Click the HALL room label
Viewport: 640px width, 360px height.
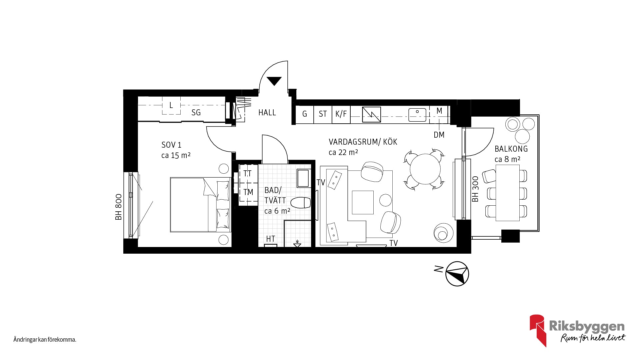(267, 113)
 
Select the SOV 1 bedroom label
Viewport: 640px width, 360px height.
(171, 145)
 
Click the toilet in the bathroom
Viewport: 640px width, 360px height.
(301, 202)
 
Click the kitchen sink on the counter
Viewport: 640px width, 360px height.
(417, 115)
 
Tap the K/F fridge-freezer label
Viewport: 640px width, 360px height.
(341, 114)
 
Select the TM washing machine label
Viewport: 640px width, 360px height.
(248, 192)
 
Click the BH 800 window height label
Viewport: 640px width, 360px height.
(118, 207)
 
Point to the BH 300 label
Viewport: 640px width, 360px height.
(475, 189)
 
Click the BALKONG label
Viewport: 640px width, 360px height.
(511, 149)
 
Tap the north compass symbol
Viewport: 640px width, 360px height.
(457, 274)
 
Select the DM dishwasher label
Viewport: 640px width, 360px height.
(439, 135)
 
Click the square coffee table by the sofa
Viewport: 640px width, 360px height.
(363, 202)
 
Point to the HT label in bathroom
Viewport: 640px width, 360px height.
(270, 239)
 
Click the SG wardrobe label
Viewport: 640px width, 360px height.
(196, 113)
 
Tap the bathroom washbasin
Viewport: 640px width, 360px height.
(303, 178)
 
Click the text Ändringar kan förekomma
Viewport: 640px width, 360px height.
(45, 340)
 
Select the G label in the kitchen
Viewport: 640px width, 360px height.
(304, 114)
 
